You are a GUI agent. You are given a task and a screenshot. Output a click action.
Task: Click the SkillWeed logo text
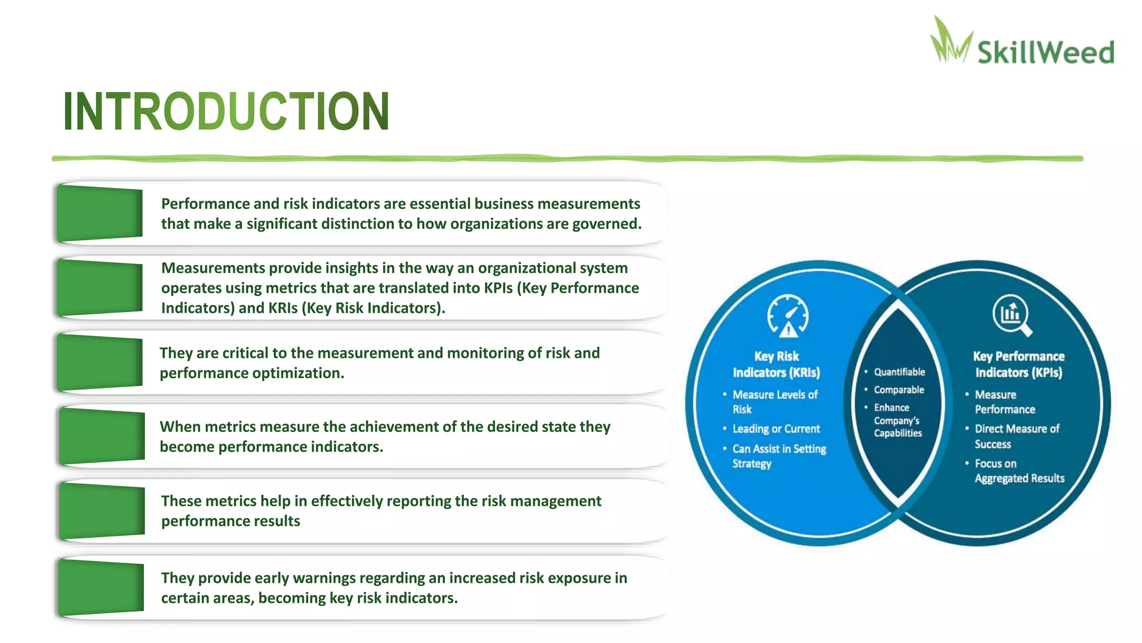pos(1045,52)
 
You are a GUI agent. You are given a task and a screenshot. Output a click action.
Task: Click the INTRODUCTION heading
pos(226,112)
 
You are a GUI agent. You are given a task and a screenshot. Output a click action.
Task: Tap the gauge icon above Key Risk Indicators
pos(787,316)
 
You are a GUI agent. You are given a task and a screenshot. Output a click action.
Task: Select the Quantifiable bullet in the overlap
pos(899,372)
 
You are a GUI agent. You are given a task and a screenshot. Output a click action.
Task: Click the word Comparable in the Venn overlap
pos(899,390)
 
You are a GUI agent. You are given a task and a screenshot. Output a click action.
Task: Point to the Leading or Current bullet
pos(776,429)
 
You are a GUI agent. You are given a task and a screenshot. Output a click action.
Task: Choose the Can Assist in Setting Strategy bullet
pos(778,456)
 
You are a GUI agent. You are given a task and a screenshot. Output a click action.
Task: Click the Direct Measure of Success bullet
pos(1016,436)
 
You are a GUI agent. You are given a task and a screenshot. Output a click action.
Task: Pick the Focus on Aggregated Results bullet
pos(1018,471)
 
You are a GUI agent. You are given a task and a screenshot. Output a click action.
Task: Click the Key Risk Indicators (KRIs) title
pos(776,364)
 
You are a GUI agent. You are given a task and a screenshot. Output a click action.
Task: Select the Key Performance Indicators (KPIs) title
pos(1018,364)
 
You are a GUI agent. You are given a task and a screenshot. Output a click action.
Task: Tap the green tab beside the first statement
pos(100,214)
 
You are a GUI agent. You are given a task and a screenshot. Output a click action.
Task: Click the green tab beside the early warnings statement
pos(101,587)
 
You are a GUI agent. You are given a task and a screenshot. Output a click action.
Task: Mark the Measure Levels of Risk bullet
pos(775,401)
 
